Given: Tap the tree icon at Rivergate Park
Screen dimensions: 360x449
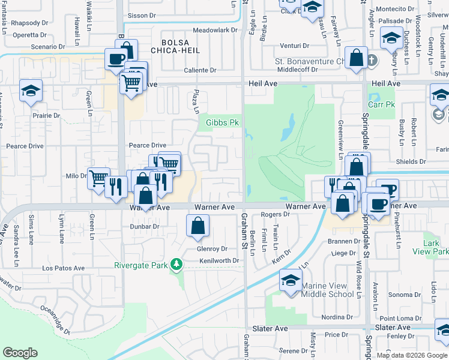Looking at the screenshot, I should pos(176,264).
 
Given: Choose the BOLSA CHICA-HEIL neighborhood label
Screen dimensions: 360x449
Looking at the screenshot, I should pos(175,47).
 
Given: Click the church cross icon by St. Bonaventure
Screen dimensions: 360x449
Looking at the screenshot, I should pos(372,60).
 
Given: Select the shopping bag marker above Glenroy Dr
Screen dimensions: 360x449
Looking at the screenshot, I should pos(197,227).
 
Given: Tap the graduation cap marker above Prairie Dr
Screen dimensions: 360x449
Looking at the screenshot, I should pos(31,91).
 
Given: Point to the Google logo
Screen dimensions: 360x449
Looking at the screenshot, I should pos(20,353).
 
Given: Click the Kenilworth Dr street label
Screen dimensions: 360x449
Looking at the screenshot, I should pos(219,261).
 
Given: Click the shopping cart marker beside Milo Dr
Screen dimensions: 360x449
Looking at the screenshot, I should pos(98,178).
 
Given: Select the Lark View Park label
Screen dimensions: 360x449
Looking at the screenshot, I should pos(435,248).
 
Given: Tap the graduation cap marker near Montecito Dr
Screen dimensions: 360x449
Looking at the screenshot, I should pos(391,39).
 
